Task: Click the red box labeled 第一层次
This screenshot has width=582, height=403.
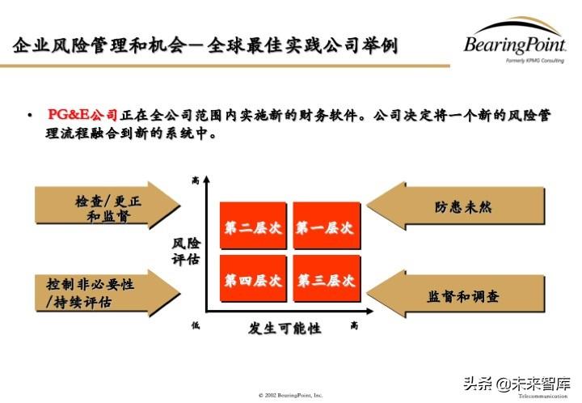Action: tap(324, 228)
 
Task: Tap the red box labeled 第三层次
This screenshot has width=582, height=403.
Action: tap(324, 281)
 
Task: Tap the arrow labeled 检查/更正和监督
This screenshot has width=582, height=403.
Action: tap(105, 209)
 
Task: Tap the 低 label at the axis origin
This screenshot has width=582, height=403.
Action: tap(195, 325)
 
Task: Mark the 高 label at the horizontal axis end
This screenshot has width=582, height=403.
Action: tap(355, 325)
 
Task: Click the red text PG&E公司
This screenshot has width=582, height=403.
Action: tap(82, 116)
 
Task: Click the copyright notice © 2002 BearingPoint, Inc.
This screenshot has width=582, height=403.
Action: tap(291, 395)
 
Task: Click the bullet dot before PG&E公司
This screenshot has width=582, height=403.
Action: tap(30, 116)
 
